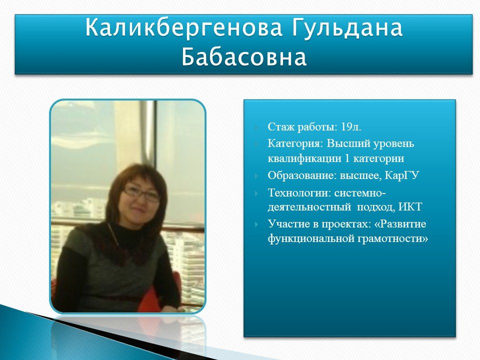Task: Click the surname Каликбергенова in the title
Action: coord(183,27)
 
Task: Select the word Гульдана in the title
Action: coord(346,27)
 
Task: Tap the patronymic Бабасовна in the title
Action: coord(243,56)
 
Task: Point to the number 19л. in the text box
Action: coord(351,126)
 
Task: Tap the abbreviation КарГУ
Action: coord(401,175)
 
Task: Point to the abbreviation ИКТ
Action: coord(410,207)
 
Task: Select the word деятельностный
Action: coord(309,207)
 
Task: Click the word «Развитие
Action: coord(400,224)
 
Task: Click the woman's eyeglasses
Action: coord(141,193)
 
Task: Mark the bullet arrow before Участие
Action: coord(256,224)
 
